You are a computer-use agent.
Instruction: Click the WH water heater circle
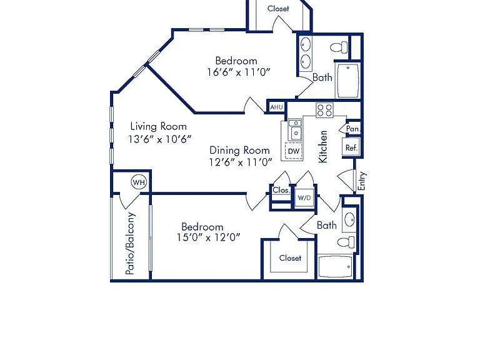139,182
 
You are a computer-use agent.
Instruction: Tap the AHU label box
276,107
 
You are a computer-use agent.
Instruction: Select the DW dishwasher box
294,151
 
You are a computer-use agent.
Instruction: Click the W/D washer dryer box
304,197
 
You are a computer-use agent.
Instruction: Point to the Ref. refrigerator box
351,148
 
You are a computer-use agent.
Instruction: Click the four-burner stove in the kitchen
324,110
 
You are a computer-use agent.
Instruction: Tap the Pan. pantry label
352,129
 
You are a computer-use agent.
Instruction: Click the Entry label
362,181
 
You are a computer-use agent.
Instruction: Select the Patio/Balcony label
130,243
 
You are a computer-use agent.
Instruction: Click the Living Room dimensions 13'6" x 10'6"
160,139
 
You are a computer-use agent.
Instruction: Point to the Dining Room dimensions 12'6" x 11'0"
241,162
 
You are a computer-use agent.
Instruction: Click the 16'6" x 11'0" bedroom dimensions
239,72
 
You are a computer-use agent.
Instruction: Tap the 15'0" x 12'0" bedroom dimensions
209,237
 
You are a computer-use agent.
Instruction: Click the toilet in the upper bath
339,47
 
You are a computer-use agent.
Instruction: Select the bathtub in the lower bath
335,266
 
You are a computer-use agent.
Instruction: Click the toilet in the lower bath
346,242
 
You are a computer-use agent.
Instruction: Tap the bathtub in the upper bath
348,81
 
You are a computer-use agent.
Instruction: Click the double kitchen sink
295,130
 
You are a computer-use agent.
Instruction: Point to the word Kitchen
323,147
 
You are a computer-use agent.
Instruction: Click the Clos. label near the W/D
281,190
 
